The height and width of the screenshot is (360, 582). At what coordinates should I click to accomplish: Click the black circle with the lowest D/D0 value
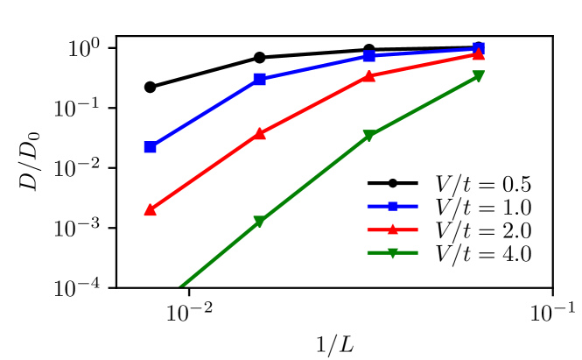tap(150, 87)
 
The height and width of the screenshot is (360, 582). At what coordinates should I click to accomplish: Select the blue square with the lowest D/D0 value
tap(150, 146)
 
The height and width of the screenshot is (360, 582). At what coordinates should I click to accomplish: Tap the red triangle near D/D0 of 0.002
tap(150, 210)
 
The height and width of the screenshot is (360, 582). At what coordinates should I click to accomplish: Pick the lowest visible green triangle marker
tap(259, 222)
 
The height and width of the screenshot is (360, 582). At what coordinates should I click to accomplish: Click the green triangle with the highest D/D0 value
tap(479, 76)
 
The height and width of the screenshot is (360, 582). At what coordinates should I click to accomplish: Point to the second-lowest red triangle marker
tap(259, 134)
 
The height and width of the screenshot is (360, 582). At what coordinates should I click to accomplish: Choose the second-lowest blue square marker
tap(259, 79)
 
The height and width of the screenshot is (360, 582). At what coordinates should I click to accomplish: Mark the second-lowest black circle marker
tap(259, 58)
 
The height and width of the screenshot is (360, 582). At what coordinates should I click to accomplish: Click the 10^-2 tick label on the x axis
tap(188, 312)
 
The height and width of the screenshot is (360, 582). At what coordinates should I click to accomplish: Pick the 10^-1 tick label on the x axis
tap(552, 312)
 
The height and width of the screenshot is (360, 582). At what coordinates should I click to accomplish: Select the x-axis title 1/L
tap(335, 342)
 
